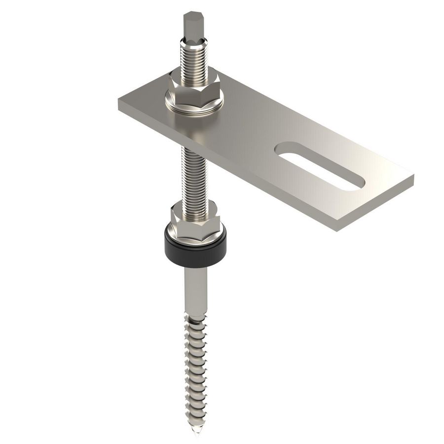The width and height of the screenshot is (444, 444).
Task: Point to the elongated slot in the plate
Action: click(321, 165)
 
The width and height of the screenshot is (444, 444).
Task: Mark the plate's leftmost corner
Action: click(119, 101)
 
